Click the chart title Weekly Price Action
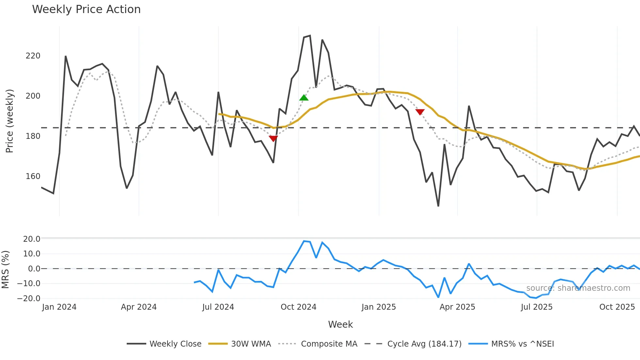pos(86,9)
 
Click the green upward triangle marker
pos(304,98)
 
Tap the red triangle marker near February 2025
pos(420,112)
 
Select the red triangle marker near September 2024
pos(273,139)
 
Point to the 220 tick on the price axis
pos(33,56)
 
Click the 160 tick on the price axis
pos(33,176)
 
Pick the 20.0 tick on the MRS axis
pos(32,239)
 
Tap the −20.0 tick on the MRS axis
pos(29,298)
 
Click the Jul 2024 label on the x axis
pos(218,307)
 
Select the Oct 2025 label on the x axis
pos(617,307)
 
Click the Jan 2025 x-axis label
pos(378,307)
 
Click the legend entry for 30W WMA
pos(251,344)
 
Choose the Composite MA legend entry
pos(329,344)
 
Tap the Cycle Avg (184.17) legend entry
pos(424,344)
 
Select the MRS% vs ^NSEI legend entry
pos(522,344)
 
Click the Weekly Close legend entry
pos(175,344)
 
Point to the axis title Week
pos(340,324)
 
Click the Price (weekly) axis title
pos(10,121)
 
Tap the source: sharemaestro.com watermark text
pos(578,288)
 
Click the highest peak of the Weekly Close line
pos(310,36)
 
